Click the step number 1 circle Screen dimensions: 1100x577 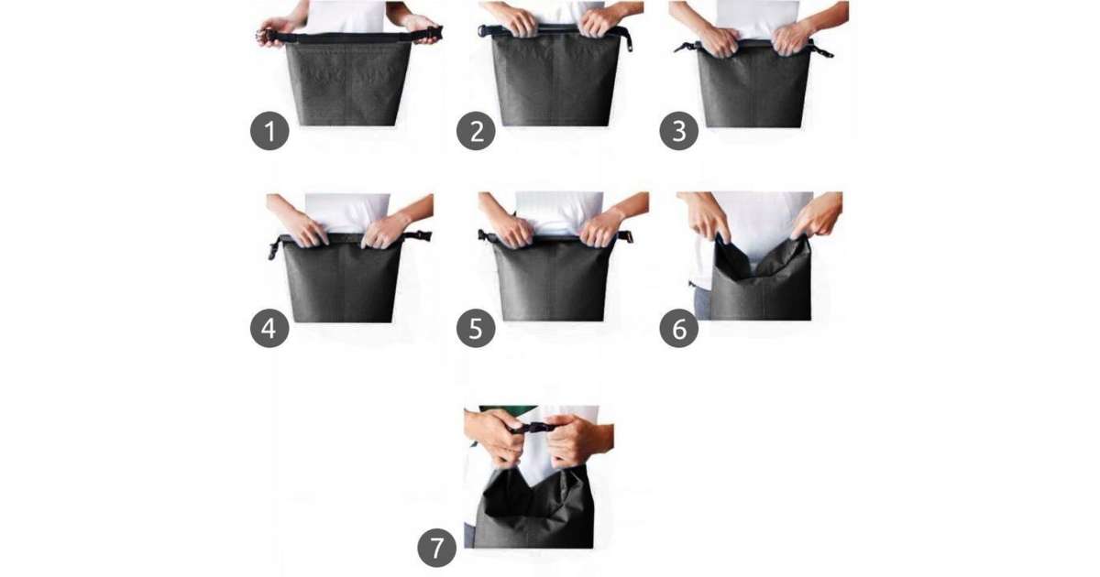click(x=269, y=131)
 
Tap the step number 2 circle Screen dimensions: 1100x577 click(x=476, y=131)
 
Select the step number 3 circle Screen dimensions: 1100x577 click(x=678, y=131)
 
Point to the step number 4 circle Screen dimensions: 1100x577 click(x=269, y=328)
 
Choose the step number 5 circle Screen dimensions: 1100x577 click(x=476, y=328)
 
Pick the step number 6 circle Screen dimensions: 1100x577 click(x=678, y=328)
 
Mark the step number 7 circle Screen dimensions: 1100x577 click(x=436, y=548)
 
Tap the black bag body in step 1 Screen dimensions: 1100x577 click(x=348, y=82)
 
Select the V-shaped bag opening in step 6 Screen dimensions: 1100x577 click(x=761, y=259)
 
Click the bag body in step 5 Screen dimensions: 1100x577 click(x=555, y=279)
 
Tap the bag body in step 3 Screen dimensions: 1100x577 click(x=754, y=87)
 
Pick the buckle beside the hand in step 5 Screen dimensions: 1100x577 click(x=624, y=237)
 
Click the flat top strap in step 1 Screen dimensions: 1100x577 click(x=349, y=37)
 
